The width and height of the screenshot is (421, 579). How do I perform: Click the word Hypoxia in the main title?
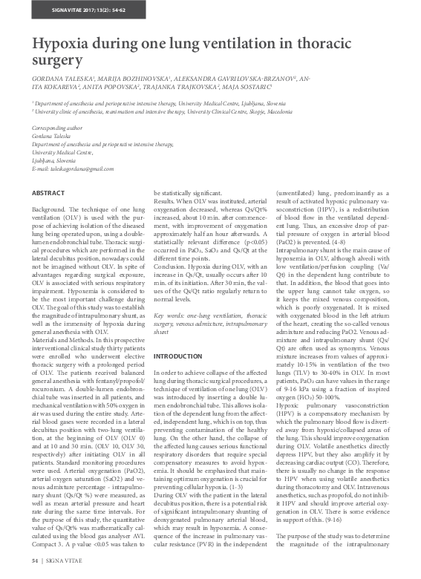coord(66,45)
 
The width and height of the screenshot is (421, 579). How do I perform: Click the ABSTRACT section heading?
coord(49,193)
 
